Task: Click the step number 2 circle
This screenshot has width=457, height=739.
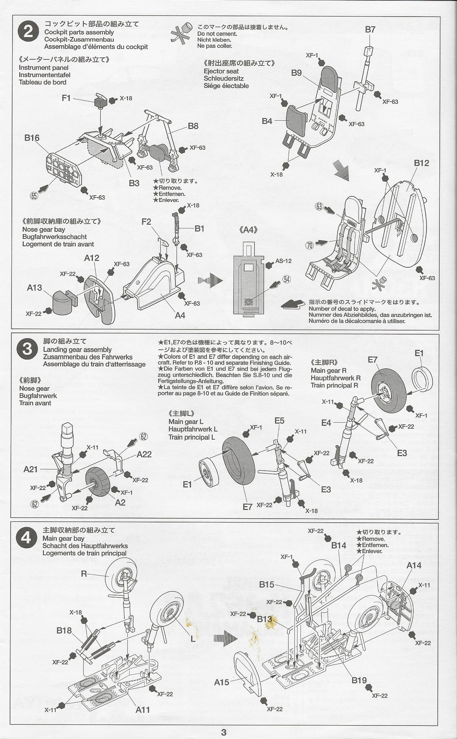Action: [28, 32]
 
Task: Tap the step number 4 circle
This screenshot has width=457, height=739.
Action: [26, 538]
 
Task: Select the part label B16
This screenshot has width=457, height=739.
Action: [32, 138]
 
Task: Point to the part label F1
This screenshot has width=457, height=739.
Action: [66, 98]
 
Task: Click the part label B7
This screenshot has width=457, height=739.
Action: [370, 29]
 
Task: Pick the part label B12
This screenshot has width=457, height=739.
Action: [421, 163]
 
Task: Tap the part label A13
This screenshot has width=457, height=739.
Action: [34, 288]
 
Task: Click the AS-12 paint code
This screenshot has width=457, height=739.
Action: [283, 261]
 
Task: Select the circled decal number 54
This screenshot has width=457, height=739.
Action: [287, 279]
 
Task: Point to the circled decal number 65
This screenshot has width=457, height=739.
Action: [34, 196]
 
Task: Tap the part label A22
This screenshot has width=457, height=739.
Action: [144, 454]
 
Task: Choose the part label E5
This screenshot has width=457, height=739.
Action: [280, 421]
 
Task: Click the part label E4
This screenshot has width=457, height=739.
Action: [326, 423]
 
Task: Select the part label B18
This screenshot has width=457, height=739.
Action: [64, 630]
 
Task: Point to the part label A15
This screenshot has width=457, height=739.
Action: [222, 682]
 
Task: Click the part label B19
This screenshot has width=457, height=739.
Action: [359, 680]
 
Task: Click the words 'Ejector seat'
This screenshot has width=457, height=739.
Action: [221, 71]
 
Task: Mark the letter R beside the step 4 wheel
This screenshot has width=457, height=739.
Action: [84, 573]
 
